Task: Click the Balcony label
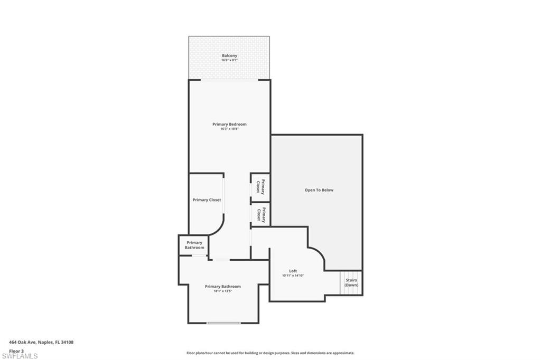pyautogui.click(x=229, y=55)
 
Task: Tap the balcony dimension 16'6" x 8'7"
pyautogui.click(x=229, y=61)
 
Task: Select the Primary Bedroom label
pyautogui.click(x=229, y=125)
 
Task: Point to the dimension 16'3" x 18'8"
pyautogui.click(x=229, y=129)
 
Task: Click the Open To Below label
pyautogui.click(x=319, y=190)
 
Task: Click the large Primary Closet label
pyautogui.click(x=207, y=200)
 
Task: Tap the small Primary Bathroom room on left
pyautogui.click(x=194, y=245)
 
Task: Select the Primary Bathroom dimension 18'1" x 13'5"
pyautogui.click(x=223, y=291)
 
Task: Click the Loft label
pyautogui.click(x=293, y=271)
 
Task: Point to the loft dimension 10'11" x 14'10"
pyautogui.click(x=293, y=276)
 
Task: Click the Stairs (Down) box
pyautogui.click(x=351, y=282)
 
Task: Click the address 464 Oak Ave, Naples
pyautogui.click(x=41, y=342)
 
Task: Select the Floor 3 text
pyautogui.click(x=16, y=350)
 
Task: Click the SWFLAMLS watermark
pyautogui.click(x=20, y=356)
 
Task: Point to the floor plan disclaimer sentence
pyautogui.click(x=270, y=353)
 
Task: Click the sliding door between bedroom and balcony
pyautogui.click(x=230, y=80)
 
